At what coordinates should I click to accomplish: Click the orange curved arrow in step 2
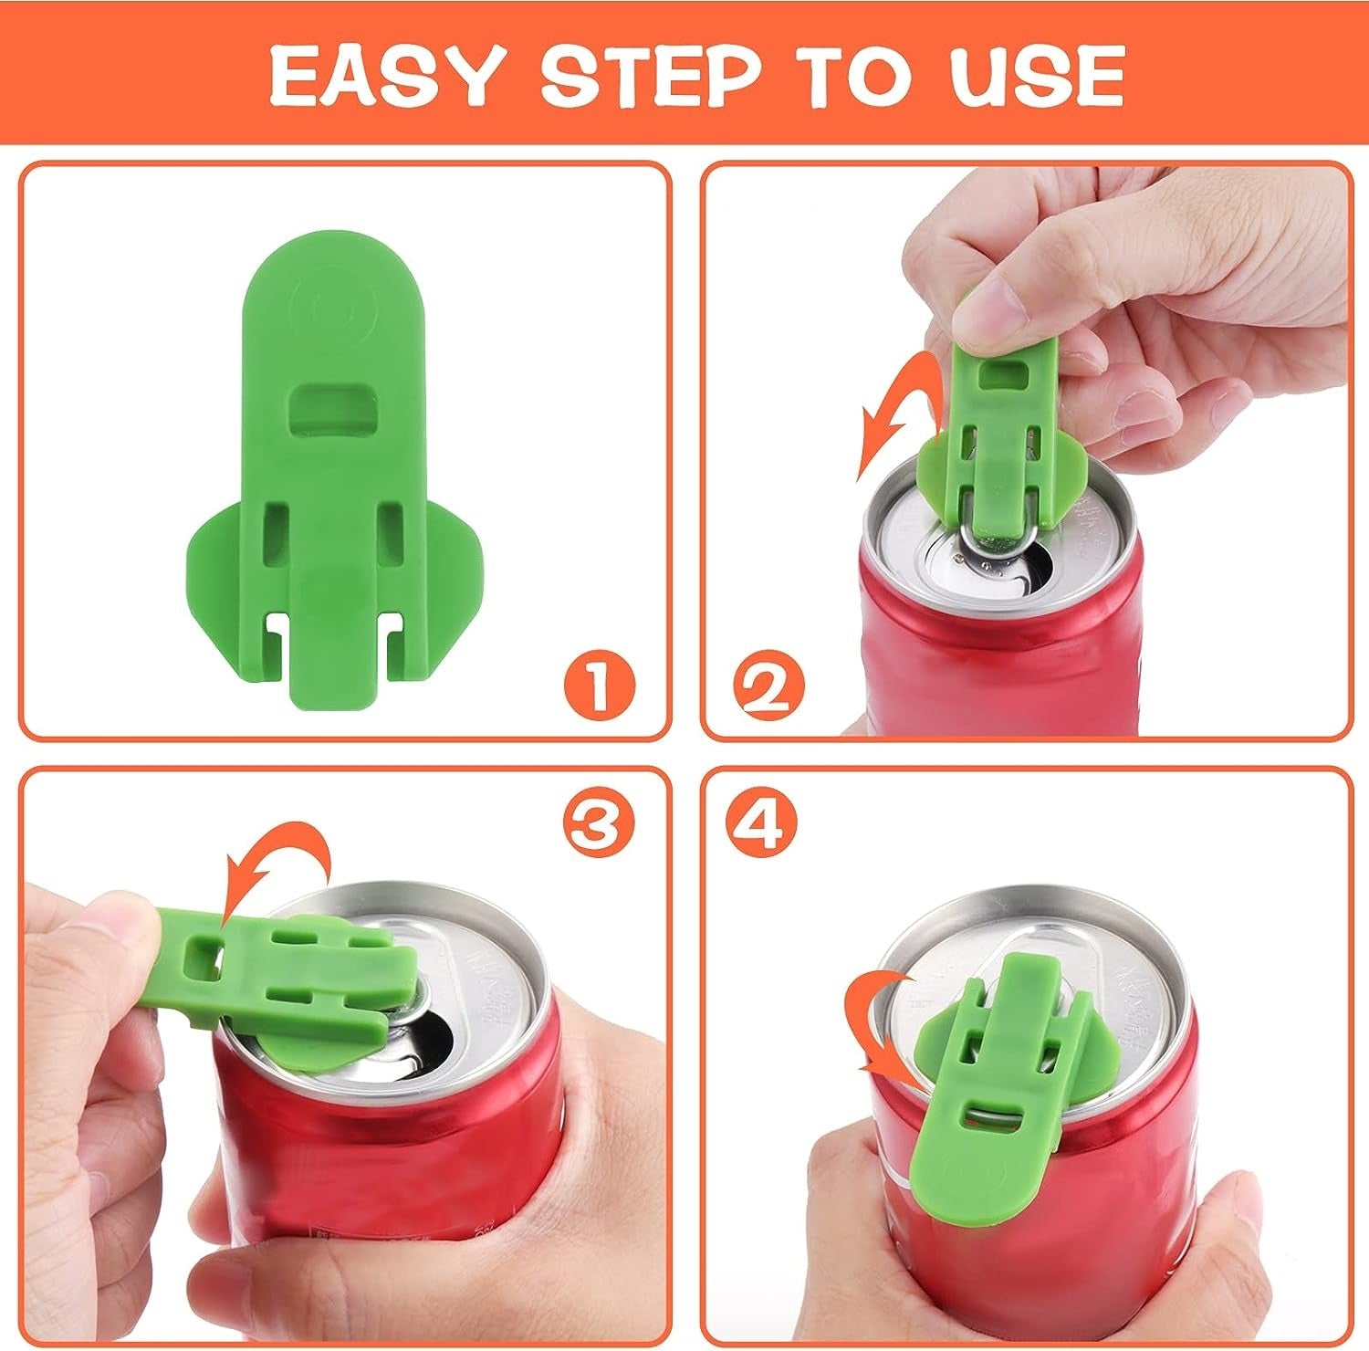click(899, 411)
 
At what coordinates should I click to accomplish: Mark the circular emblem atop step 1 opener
click(333, 311)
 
